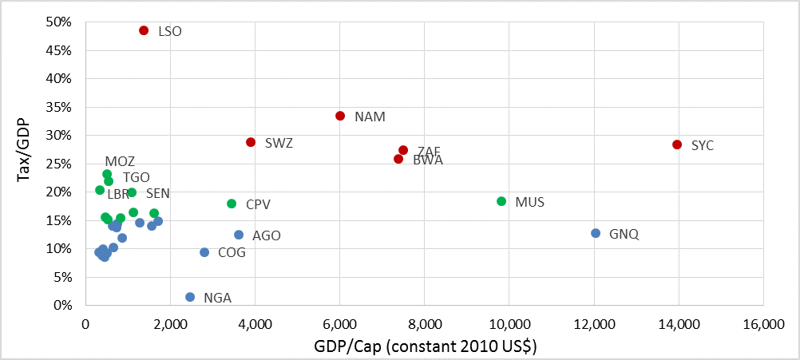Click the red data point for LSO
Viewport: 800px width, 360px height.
pyautogui.click(x=144, y=30)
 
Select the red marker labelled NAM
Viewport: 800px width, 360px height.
pyautogui.click(x=340, y=116)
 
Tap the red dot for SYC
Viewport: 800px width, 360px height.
pyautogui.click(x=677, y=144)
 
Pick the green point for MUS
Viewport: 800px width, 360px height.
pyautogui.click(x=501, y=201)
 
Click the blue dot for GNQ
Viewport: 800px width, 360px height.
pyautogui.click(x=595, y=233)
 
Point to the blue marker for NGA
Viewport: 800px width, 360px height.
pyautogui.click(x=190, y=297)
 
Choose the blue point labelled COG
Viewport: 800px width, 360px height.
pyautogui.click(x=204, y=252)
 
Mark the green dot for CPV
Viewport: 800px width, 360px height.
pyautogui.click(x=232, y=204)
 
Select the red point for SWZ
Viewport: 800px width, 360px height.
pyautogui.click(x=251, y=142)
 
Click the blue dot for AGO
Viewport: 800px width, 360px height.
pyautogui.click(x=239, y=235)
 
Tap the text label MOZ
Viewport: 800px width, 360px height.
pyautogui.click(x=120, y=162)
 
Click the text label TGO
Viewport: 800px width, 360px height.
pyautogui.click(x=137, y=177)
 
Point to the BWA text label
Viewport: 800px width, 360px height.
pyautogui.click(x=428, y=160)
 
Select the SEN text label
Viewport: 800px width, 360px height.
pyautogui.click(x=158, y=193)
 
